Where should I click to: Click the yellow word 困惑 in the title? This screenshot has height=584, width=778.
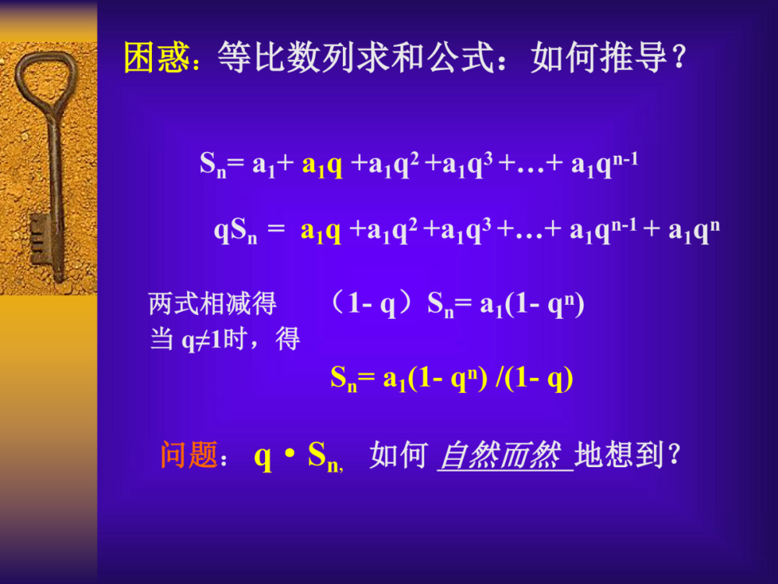156,58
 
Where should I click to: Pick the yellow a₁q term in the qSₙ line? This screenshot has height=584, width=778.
321,231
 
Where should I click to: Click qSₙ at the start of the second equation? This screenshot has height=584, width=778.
236,232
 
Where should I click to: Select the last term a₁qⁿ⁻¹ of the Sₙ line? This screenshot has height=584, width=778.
604,165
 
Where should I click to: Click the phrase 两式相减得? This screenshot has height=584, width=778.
213,304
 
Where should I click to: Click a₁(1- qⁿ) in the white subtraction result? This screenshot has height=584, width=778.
532,305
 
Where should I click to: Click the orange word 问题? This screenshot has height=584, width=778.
189,456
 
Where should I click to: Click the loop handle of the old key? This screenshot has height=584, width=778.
46,83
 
